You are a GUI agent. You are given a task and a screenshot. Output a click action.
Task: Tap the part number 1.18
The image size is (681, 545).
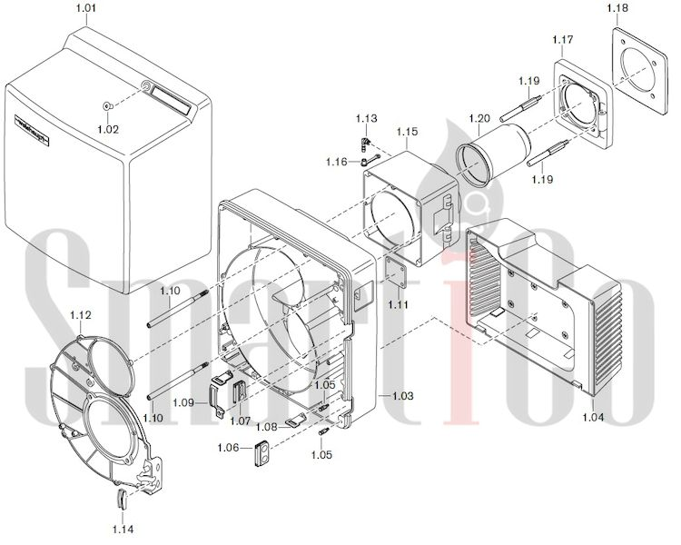tap(617, 8)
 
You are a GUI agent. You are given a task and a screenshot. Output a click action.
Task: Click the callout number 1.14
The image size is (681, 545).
tap(123, 528)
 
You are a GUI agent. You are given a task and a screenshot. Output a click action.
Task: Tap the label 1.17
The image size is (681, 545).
tap(563, 40)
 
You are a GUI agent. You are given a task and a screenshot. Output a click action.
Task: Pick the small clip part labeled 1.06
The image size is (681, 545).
tap(261, 452)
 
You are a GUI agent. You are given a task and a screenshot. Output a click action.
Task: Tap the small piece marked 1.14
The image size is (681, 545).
tap(123, 499)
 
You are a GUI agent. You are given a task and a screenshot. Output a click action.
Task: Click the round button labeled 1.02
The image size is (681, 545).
tap(107, 106)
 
